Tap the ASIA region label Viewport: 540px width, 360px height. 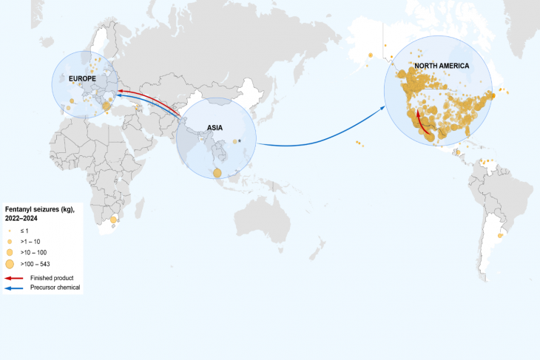215,127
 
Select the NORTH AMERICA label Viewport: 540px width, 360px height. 442,66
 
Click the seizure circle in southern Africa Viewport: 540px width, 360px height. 113,220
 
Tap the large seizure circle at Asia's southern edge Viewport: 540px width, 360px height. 217,173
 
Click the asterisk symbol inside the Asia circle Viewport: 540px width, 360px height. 240,140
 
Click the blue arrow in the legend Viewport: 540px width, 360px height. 13,287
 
